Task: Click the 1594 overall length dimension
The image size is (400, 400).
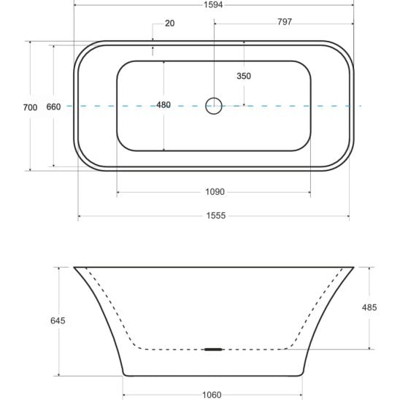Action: click(213, 4)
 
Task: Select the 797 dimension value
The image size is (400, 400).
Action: click(285, 22)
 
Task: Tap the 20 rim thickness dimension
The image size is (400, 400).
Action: click(169, 23)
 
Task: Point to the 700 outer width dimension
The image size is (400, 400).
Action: click(30, 107)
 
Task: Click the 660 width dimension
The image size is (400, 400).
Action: click(53, 107)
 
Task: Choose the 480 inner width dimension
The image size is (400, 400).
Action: click(164, 105)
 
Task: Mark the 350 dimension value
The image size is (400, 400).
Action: click(244, 76)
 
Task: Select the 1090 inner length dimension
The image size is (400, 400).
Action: click(215, 192)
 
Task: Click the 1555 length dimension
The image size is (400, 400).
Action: click(216, 216)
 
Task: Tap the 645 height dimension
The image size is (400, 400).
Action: click(58, 320)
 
